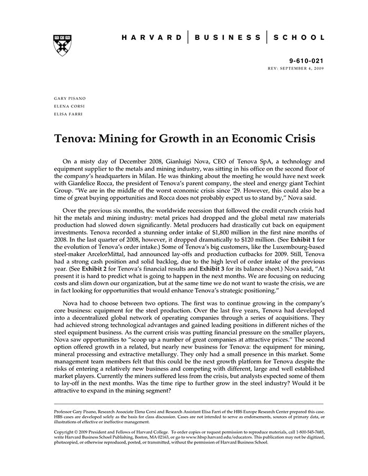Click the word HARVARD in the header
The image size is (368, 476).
coord(152,37)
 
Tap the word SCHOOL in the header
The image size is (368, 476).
coord(299,37)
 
